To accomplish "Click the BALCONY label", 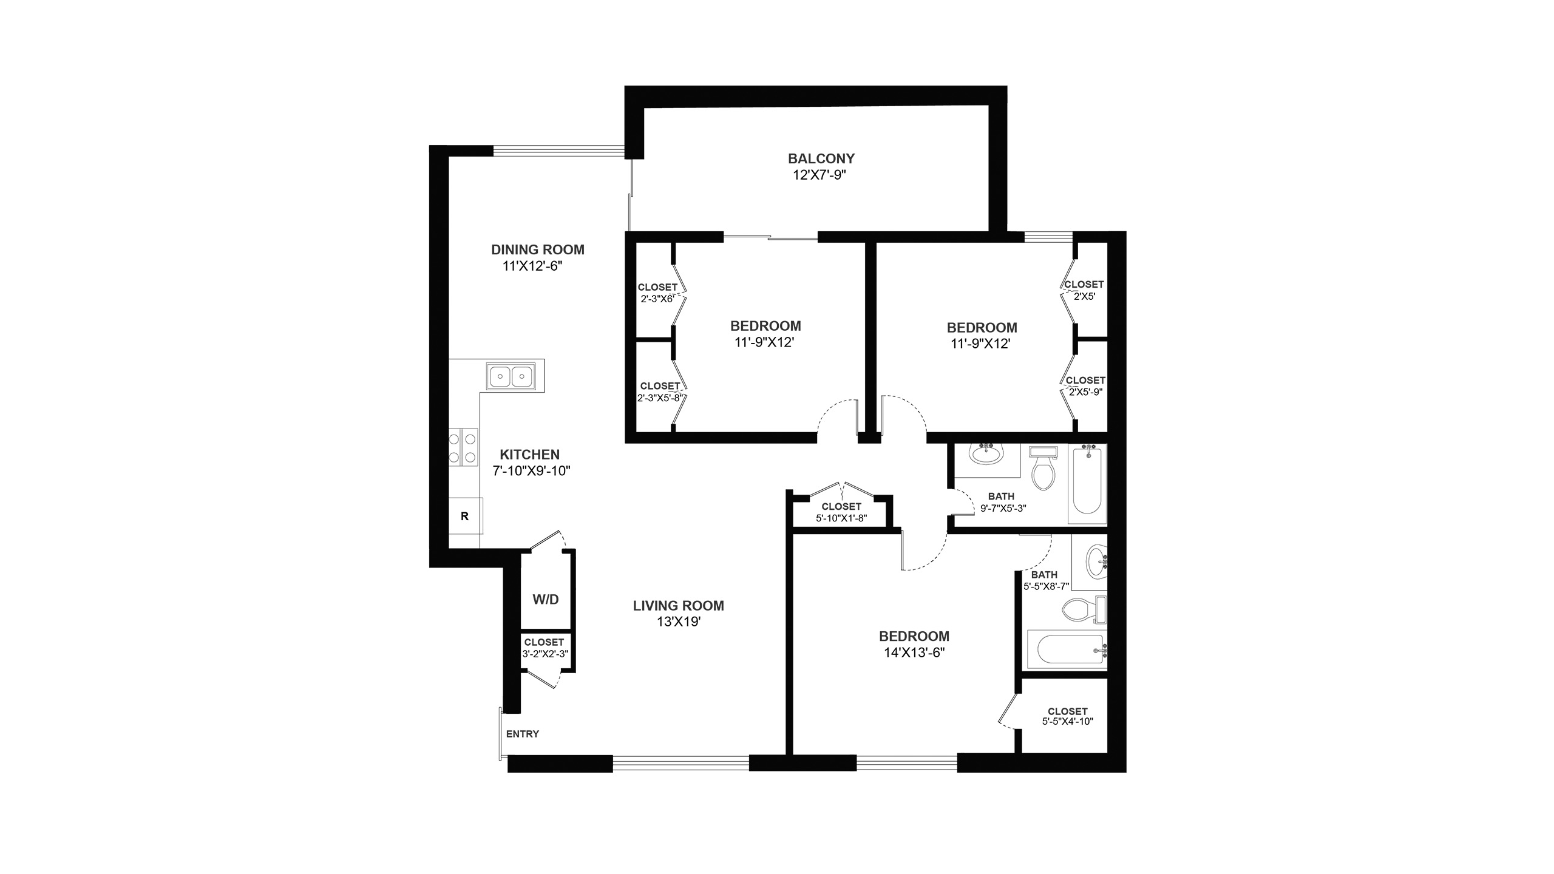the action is (821, 158).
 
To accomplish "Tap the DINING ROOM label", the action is (538, 249).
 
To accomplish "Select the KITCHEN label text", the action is (529, 454).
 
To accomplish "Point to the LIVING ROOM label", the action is (678, 605).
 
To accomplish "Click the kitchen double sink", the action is (511, 376).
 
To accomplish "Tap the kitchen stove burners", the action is (463, 447).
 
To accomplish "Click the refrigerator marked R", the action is (465, 516).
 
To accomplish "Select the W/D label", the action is (546, 600).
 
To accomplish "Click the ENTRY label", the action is (523, 734).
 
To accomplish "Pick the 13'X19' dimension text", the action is (679, 622).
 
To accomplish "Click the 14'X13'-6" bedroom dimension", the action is (914, 652).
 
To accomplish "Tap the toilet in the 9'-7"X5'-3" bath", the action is (1044, 468).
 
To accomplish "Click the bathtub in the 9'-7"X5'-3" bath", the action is (1087, 484).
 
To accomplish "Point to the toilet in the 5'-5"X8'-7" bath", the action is (1084, 609).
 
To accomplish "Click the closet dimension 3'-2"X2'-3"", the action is (545, 654).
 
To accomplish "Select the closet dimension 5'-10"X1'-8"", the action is (841, 518).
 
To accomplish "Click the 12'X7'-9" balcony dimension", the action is (819, 175).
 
